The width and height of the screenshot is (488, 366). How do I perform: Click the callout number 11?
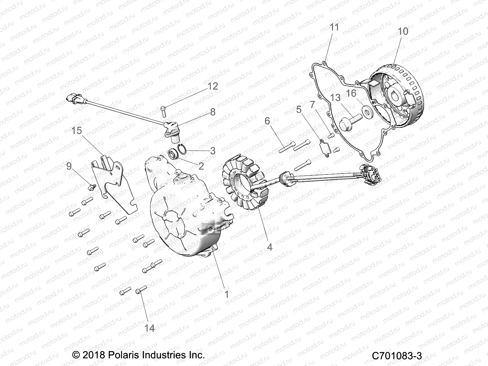pos(334,27)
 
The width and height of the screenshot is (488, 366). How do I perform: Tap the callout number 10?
pos(403,31)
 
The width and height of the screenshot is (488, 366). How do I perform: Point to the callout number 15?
pos(77,131)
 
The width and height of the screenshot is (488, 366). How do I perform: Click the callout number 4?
pos(269,247)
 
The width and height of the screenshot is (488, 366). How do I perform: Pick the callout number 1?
pos(226,294)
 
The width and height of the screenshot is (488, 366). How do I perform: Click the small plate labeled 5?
pos(325,148)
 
